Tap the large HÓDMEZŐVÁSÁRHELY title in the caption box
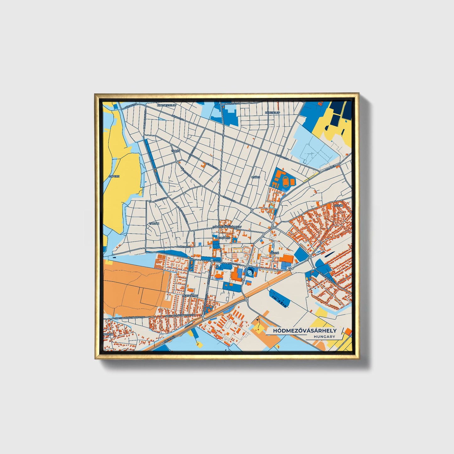tap(304, 331)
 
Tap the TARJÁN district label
tap(154, 223)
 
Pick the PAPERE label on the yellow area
tap(114, 177)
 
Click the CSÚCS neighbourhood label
tap(256, 177)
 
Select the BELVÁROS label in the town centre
tap(223, 238)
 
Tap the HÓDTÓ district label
tap(274, 253)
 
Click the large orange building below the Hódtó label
tap(287, 259)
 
